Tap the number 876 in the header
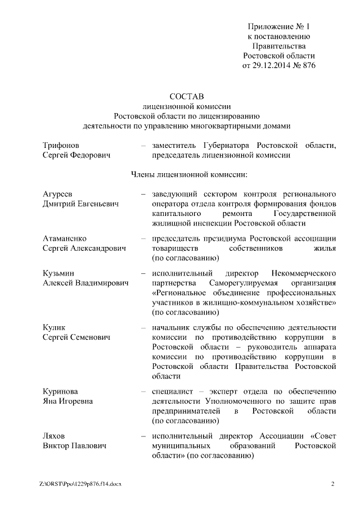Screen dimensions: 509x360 [x=308, y=66]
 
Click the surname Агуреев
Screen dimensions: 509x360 [x=58, y=194]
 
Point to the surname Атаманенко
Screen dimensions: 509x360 [x=65, y=238]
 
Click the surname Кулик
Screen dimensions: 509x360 [x=54, y=327]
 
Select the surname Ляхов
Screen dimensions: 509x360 [x=55, y=435]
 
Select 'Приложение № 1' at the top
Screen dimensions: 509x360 [x=279, y=26]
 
